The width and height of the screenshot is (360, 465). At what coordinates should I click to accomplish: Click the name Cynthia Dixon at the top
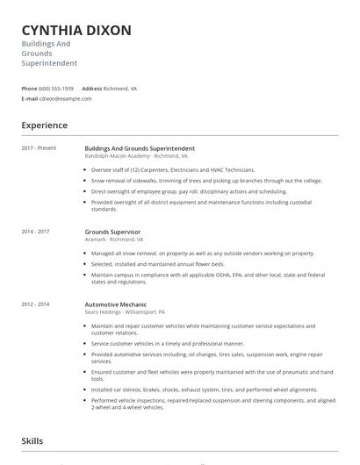pyautogui.click(x=76, y=31)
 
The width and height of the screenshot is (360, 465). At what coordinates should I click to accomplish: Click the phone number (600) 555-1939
pyautogui.click(x=56, y=89)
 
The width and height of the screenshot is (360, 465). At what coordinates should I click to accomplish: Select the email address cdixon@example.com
pyautogui.click(x=66, y=98)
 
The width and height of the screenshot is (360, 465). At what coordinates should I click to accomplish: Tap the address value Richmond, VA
pyautogui.click(x=121, y=89)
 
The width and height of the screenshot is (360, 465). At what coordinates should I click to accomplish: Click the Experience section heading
pyautogui.click(x=45, y=125)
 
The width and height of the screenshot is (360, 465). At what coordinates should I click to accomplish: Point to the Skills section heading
pyautogui.click(x=32, y=441)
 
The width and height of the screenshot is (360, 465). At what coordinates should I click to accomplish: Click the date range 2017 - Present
pyautogui.click(x=39, y=148)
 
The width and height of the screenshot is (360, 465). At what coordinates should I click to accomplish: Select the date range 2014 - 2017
pyautogui.click(x=36, y=232)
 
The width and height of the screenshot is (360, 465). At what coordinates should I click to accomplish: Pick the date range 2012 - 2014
pyautogui.click(x=36, y=304)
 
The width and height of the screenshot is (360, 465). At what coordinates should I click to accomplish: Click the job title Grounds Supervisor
pyautogui.click(x=112, y=232)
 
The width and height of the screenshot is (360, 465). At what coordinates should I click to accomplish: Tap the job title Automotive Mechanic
pyautogui.click(x=114, y=304)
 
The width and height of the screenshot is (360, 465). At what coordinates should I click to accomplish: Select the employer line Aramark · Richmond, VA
pyautogui.click(x=114, y=239)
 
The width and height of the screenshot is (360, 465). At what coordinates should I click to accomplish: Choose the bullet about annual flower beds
pyautogui.click(x=157, y=263)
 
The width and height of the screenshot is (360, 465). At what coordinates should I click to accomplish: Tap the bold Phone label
pyautogui.click(x=29, y=89)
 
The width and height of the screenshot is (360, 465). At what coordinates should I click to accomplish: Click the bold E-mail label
pyautogui.click(x=30, y=98)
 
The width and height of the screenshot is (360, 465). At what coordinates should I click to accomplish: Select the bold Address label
pyautogui.click(x=91, y=89)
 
